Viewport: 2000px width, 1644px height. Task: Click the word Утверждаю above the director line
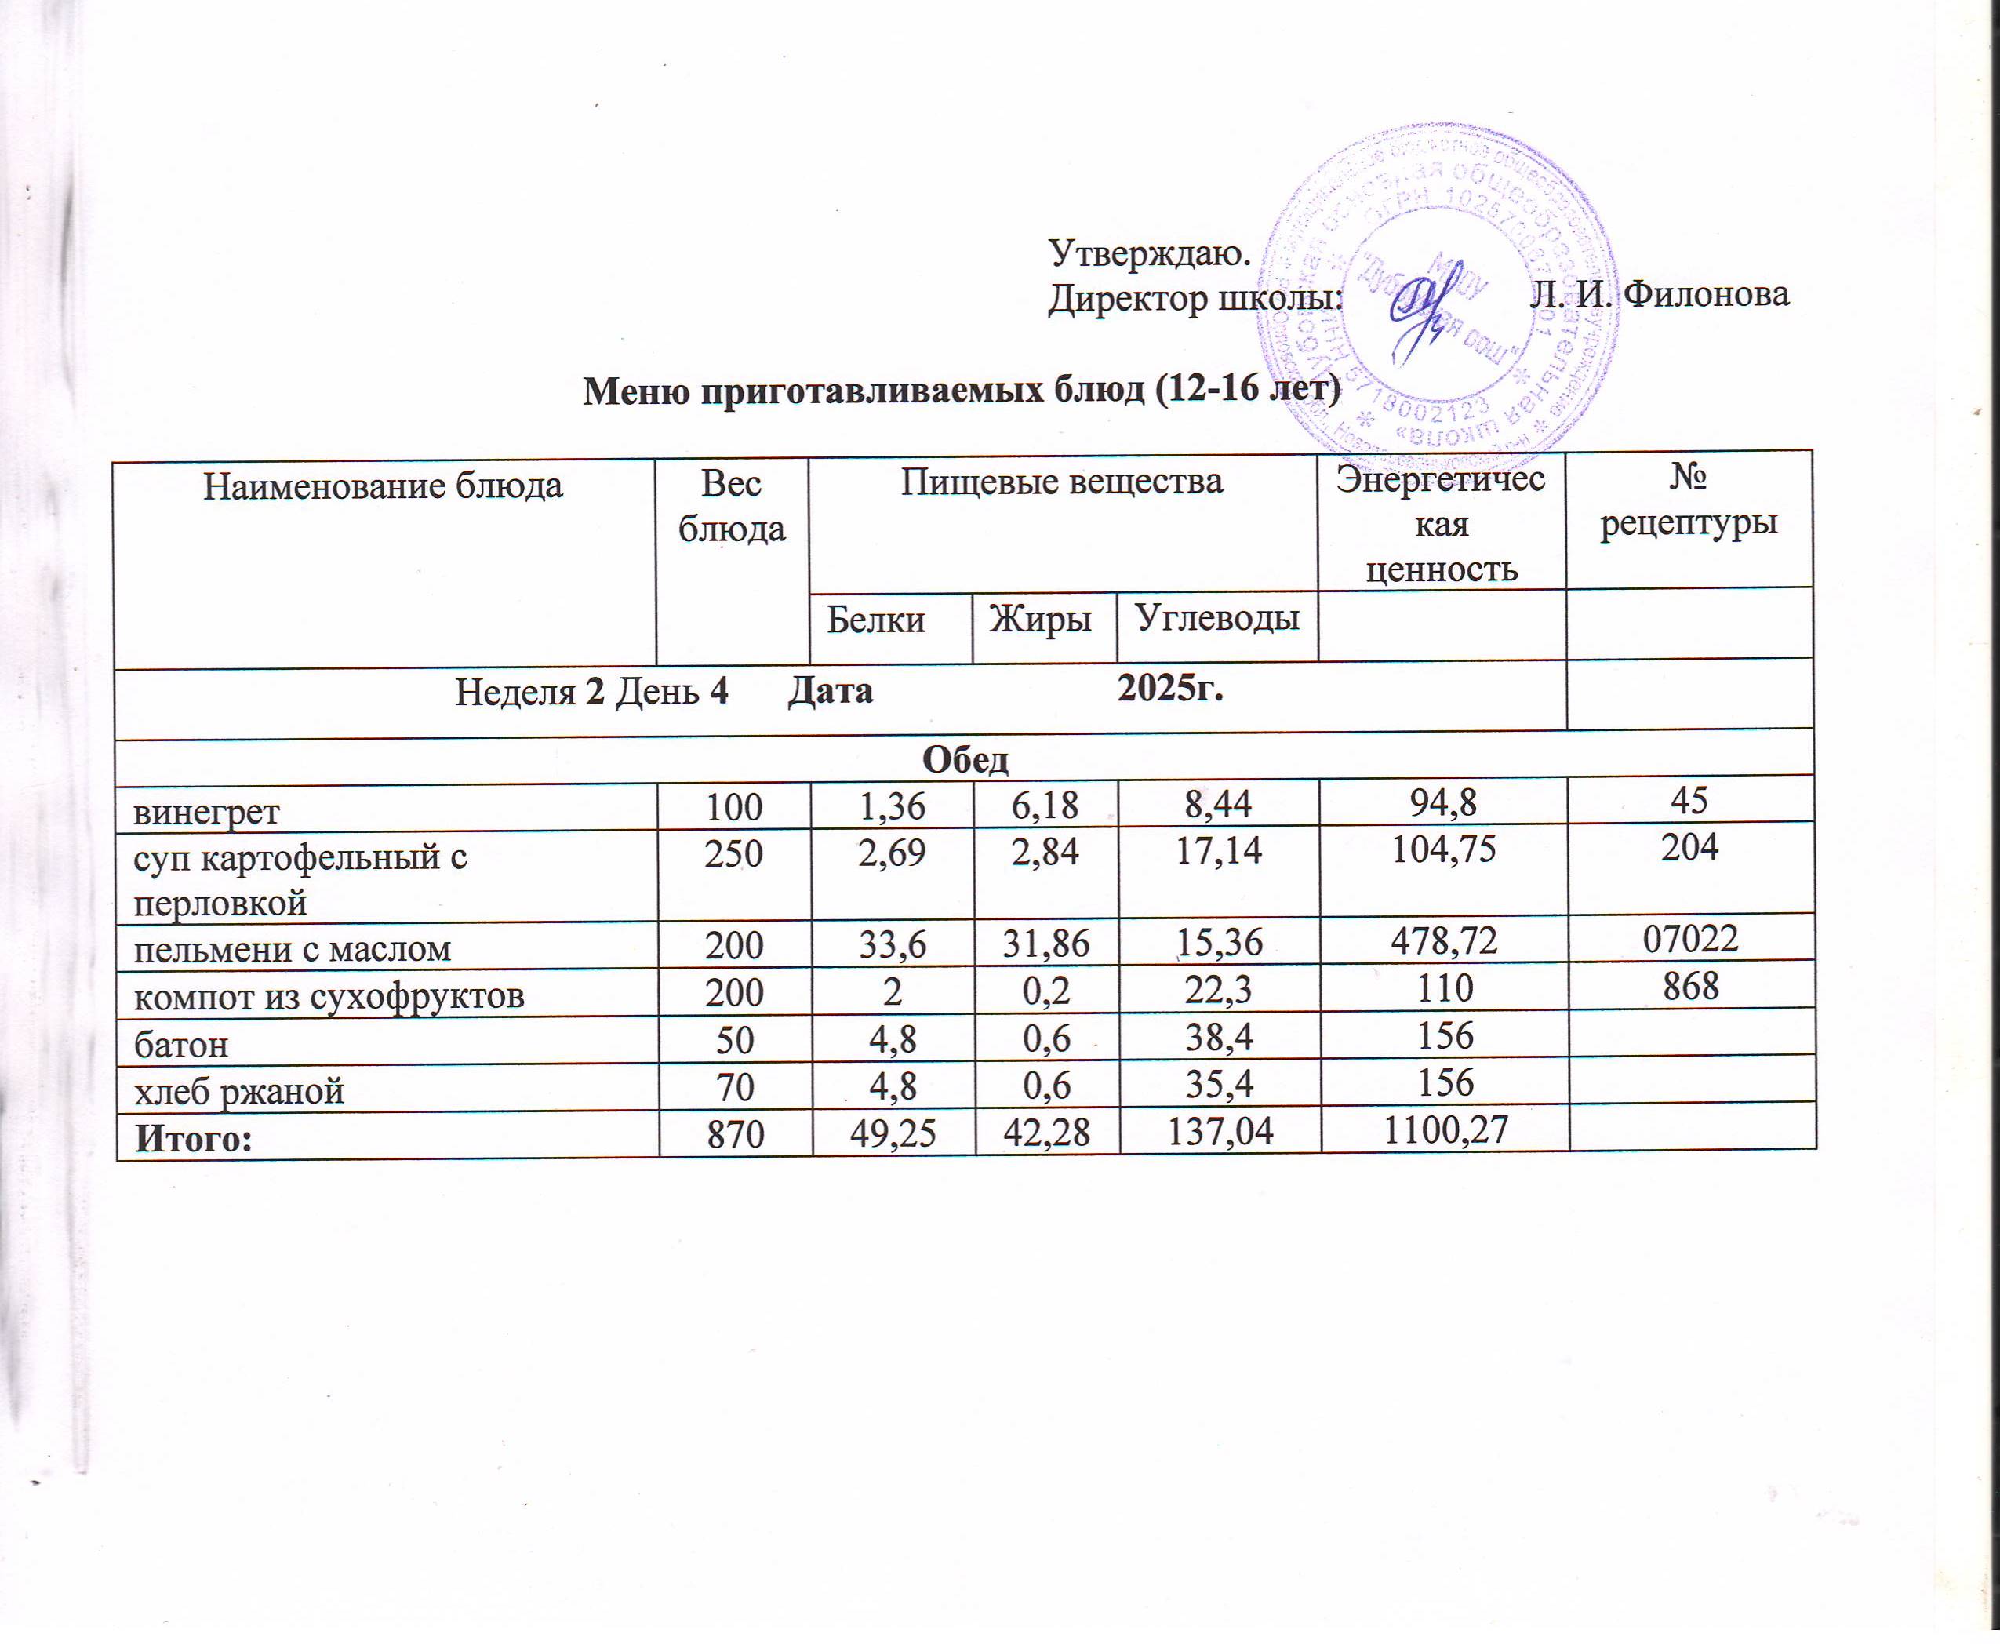point(1150,253)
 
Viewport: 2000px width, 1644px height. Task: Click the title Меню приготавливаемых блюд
point(961,388)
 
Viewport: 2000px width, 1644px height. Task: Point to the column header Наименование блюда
point(383,486)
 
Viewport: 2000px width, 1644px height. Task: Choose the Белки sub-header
point(875,618)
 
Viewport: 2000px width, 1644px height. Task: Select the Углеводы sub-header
point(1216,616)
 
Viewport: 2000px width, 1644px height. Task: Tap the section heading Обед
point(965,758)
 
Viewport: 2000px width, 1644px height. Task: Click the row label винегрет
point(206,812)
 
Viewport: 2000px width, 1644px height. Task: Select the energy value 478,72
point(1443,941)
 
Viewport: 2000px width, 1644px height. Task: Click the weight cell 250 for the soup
point(734,854)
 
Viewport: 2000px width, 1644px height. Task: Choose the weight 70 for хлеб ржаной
point(735,1086)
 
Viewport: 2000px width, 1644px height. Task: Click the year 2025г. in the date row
point(1169,689)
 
